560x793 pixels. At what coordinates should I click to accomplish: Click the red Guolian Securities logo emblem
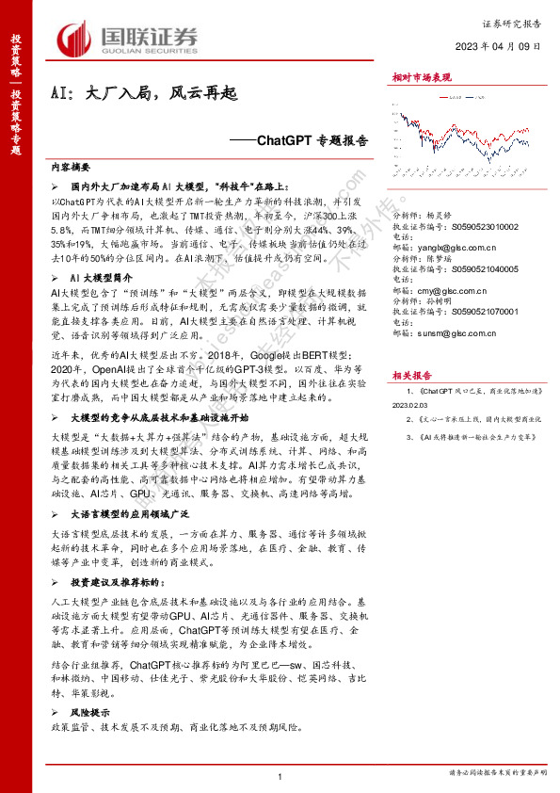pyautogui.click(x=75, y=39)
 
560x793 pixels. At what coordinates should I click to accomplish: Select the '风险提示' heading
pyautogui.click(x=90, y=713)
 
